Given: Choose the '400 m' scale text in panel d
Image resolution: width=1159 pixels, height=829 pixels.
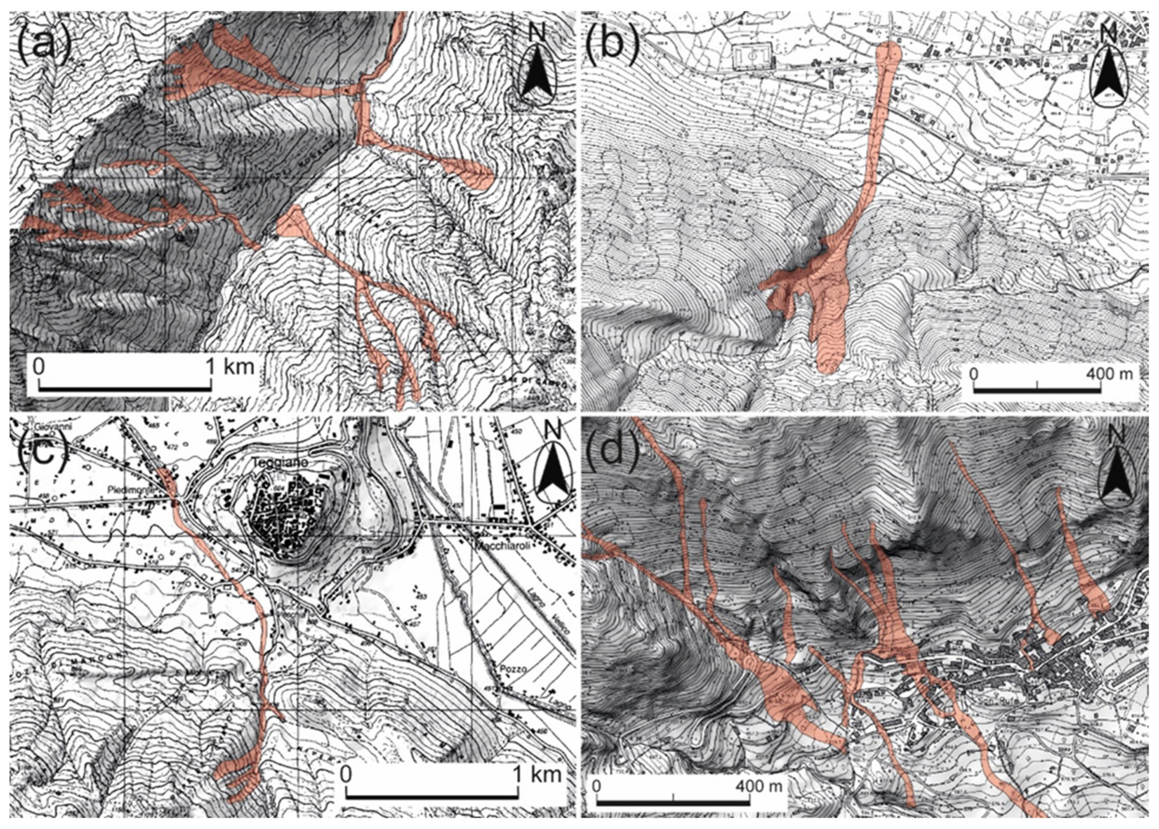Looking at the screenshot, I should pos(758,785).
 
